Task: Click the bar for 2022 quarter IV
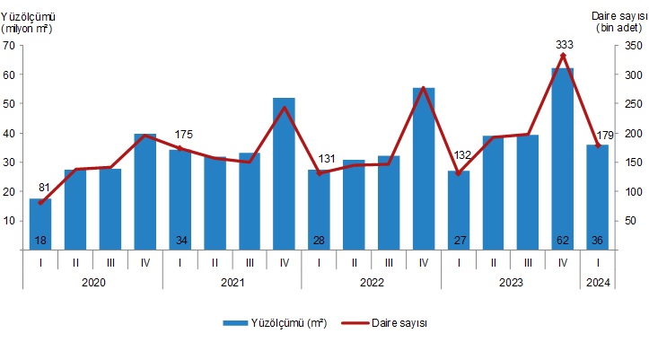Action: [424, 167]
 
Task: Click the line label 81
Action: [42, 188]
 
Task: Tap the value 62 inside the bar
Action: [563, 240]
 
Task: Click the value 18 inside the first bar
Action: [40, 240]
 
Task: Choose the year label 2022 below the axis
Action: [371, 281]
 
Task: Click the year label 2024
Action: [598, 281]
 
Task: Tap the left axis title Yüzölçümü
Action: [28, 15]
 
